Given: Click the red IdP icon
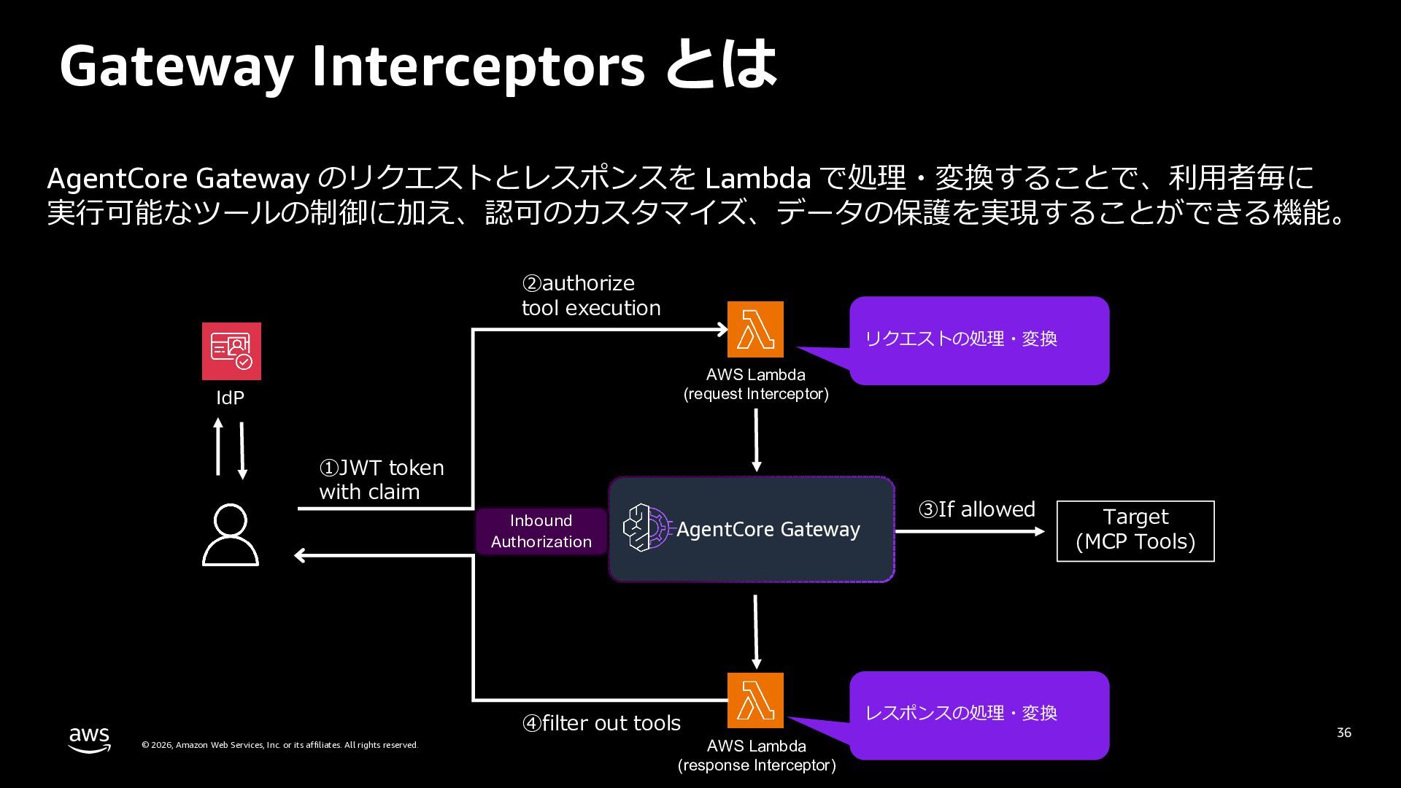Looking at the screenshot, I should coord(231,351).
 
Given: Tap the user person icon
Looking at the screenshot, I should coord(231,535).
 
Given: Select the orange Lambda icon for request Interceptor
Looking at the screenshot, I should coord(755,329).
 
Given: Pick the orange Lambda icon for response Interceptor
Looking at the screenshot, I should coord(755,700).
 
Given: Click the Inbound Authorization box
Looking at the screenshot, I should coord(541,531).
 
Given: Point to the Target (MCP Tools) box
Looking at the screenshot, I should coord(1135,531).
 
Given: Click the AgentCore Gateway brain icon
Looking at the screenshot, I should coord(647,528).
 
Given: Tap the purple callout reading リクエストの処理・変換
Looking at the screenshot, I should coord(979,340).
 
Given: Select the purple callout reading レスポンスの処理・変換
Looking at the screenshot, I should coord(979,715).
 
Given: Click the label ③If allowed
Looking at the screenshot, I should coord(976,509).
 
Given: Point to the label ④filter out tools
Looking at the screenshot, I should coord(601,723).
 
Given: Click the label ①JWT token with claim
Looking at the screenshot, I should coord(381,479).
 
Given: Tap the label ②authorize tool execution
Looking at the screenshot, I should coord(591,295).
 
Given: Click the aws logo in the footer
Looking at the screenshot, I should coord(90,738).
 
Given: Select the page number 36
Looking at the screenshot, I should coord(1343,733).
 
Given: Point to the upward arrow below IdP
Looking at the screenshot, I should coord(217,447).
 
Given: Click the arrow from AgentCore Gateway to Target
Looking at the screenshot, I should coord(970,532).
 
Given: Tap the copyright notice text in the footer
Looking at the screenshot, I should coord(279,745).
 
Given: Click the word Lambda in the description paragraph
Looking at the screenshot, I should coord(757,179).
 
